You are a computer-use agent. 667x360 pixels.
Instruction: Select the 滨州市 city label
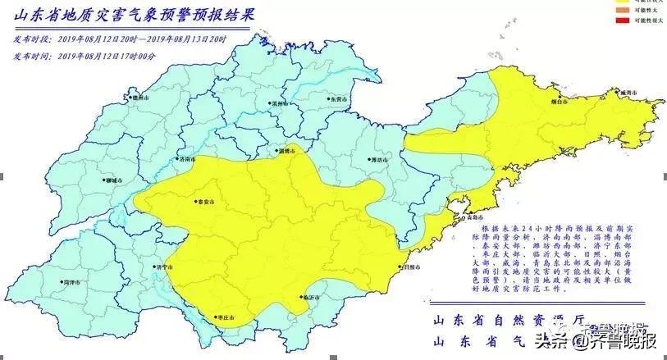282,104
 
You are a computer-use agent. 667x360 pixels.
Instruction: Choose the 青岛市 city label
470,218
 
